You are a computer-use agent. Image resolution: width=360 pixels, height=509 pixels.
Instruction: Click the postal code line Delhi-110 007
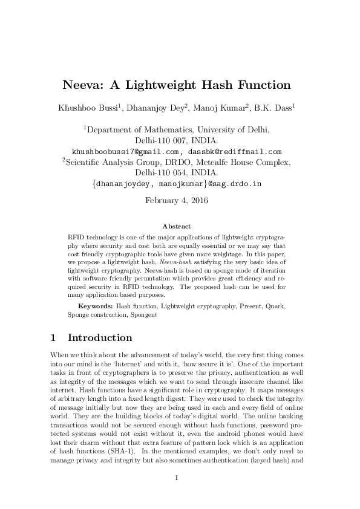pos(180,140)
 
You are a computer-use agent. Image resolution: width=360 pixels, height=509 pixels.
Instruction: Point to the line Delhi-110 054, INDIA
pos(180,172)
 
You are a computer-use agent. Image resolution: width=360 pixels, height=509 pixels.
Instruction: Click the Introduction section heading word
pos(100,337)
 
